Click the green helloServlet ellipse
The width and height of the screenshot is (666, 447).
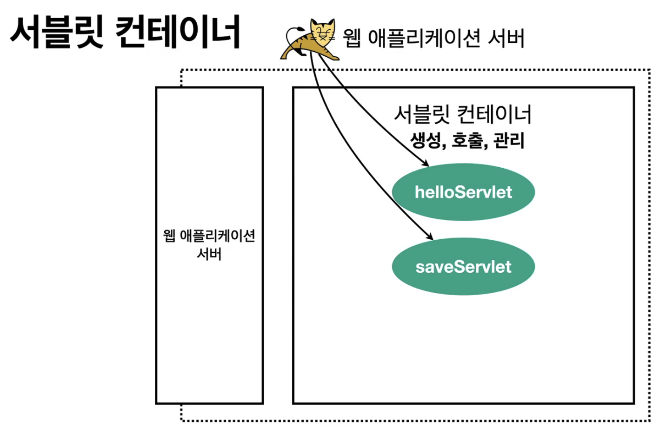[x=463, y=192]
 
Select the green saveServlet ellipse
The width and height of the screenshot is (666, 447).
[x=463, y=266]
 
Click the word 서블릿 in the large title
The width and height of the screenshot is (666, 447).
[x=57, y=33]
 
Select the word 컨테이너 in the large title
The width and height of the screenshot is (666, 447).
[x=178, y=33]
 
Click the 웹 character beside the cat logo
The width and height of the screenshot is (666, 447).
[x=352, y=38]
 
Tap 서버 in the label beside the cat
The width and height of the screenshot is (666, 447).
[x=506, y=38]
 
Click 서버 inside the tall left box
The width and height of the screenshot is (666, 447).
[x=209, y=254]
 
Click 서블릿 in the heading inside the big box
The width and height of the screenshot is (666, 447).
[x=422, y=114]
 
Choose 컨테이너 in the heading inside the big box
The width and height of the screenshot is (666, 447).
[x=494, y=114]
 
